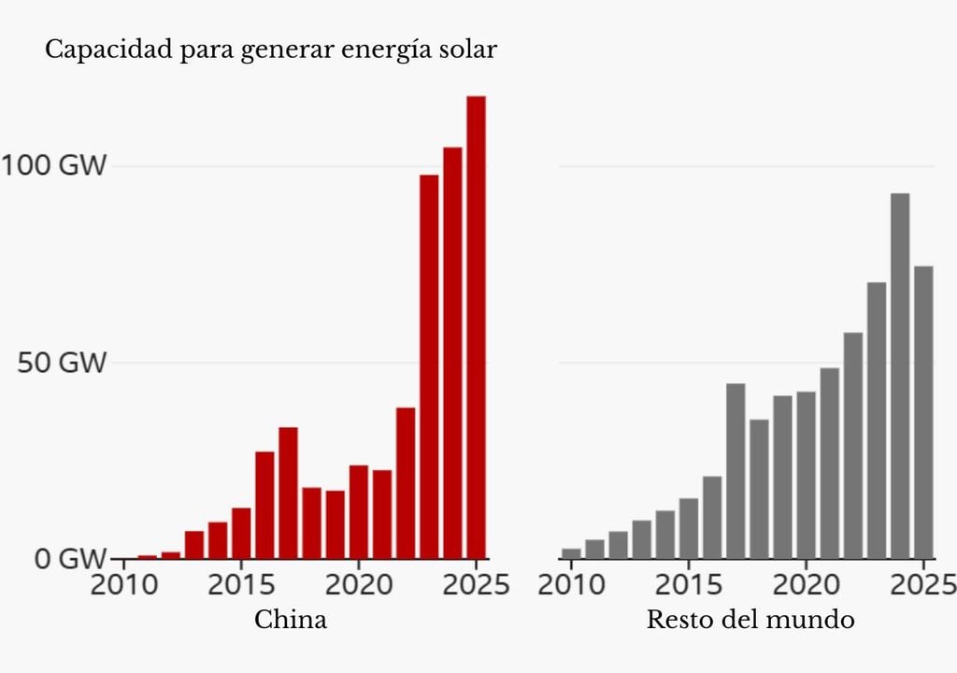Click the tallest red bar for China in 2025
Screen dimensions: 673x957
pyautogui.click(x=476, y=327)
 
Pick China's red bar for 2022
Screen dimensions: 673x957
pyautogui.click(x=406, y=482)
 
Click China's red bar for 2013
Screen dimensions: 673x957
pyautogui.click(x=194, y=544)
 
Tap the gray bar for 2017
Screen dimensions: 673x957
pyautogui.click(x=736, y=471)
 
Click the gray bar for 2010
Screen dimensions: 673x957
pyautogui.click(x=571, y=553)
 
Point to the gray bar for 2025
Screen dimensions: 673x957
pyautogui.click(x=923, y=412)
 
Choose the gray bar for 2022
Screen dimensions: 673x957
pyautogui.click(x=853, y=445)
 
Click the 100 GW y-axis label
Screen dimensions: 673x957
pyautogui.click(x=53, y=166)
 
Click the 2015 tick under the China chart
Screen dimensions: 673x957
pyautogui.click(x=241, y=585)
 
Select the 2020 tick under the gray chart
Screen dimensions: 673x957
pyautogui.click(x=806, y=585)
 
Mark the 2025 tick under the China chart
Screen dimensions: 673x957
pyautogui.click(x=474, y=585)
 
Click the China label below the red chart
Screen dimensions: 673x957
pyautogui.click(x=291, y=619)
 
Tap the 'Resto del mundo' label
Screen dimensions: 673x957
pyautogui.click(x=750, y=619)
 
